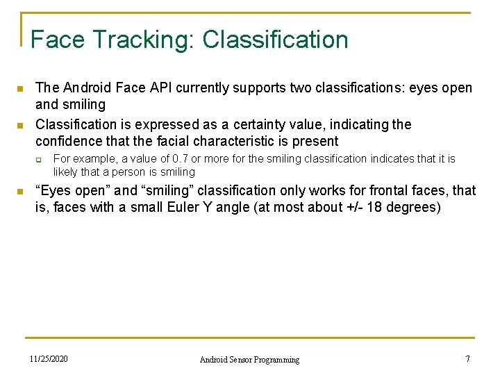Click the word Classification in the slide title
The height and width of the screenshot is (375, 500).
point(276,40)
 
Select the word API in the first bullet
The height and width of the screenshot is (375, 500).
point(160,88)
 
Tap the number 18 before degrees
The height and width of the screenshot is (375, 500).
point(372,207)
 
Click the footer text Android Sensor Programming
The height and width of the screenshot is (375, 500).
point(249,360)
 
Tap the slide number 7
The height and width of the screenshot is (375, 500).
point(467,359)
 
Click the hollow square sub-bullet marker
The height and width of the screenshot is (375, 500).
point(40,160)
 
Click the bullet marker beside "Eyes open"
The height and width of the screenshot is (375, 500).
point(20,192)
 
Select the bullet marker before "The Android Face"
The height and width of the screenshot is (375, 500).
point(20,90)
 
